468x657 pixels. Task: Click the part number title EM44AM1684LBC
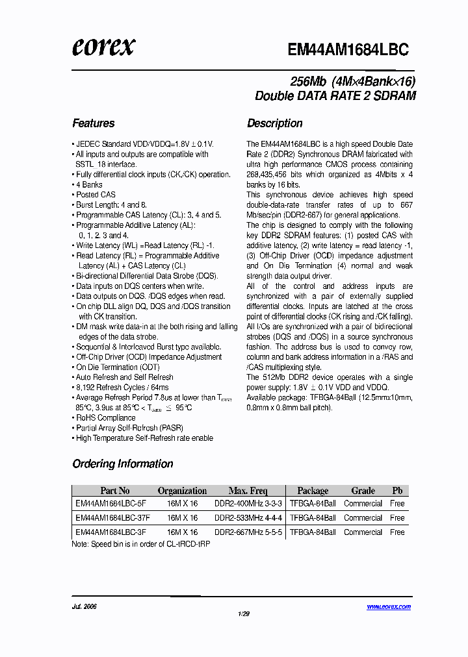point(348,50)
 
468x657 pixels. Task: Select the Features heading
point(94,123)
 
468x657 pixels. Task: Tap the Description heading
point(274,123)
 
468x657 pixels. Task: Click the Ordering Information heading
point(123,464)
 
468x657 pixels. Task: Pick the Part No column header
point(115,491)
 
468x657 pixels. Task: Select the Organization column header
point(182,491)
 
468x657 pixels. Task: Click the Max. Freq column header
point(248,491)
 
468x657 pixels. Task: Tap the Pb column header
point(397,491)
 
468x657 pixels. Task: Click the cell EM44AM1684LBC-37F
point(112,518)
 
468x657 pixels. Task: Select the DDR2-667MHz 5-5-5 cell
point(248,532)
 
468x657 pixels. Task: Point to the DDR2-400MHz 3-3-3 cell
point(248,504)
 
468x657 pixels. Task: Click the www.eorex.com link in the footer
point(389,606)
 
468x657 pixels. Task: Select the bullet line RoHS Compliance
point(105,418)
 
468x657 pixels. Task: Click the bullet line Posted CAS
point(96,195)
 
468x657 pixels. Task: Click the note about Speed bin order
point(140,543)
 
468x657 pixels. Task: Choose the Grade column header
point(363,491)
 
